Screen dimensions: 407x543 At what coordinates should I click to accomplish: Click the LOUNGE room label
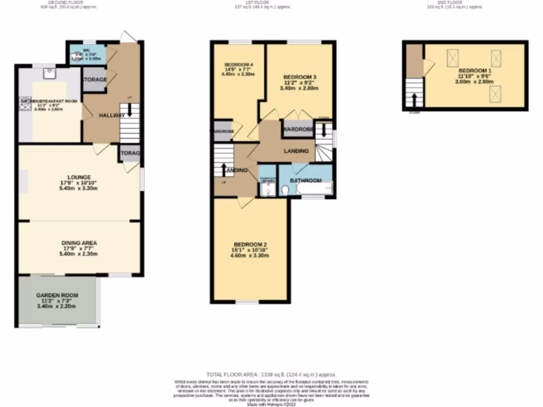click(x=78, y=177)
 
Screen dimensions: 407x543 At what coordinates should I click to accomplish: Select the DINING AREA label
click(x=78, y=243)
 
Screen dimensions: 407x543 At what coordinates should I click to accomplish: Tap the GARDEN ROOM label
click(x=57, y=295)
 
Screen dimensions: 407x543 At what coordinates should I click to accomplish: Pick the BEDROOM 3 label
click(x=300, y=76)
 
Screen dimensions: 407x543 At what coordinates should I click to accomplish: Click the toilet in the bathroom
click(x=284, y=190)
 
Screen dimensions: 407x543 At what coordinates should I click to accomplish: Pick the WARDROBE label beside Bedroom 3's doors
click(x=297, y=129)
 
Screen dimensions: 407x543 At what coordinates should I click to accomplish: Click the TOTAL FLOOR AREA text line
click(x=271, y=374)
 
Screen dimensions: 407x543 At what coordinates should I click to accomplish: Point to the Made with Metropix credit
click(x=271, y=404)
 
